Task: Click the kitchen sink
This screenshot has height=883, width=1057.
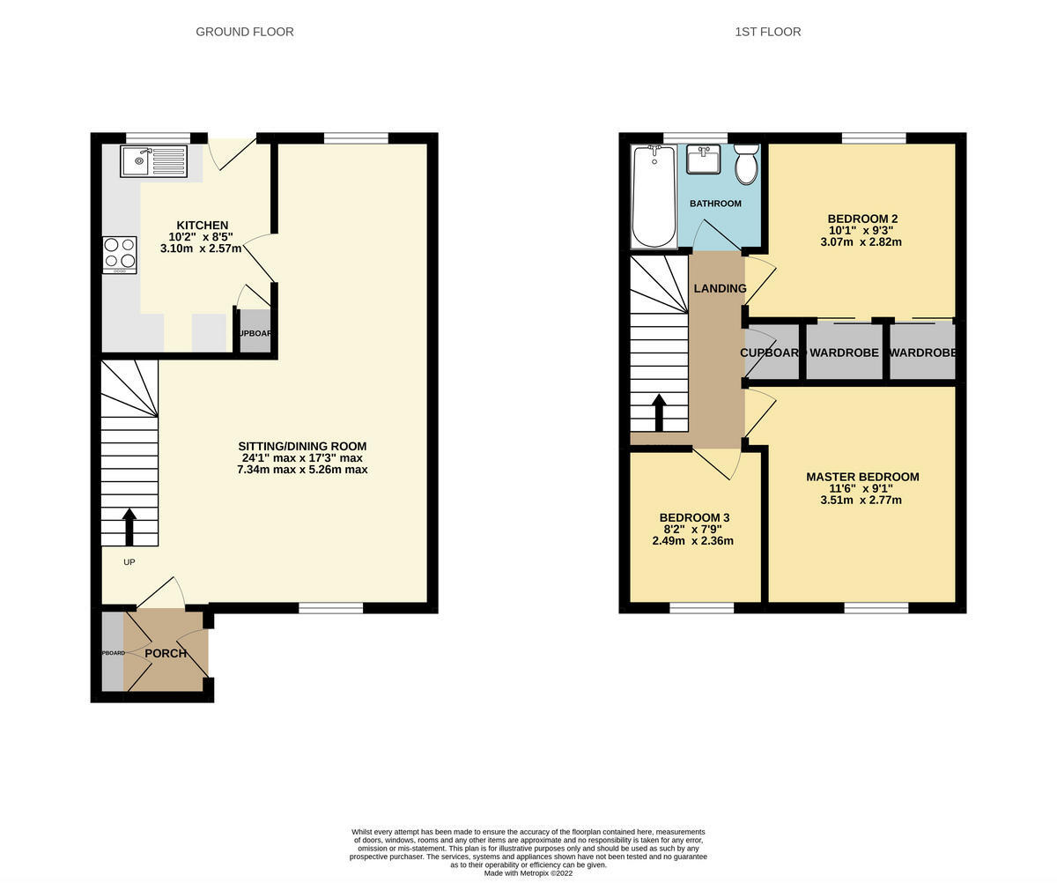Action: tap(154, 161)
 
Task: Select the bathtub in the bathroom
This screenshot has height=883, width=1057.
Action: tap(654, 197)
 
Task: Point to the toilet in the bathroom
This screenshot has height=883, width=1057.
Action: tap(746, 165)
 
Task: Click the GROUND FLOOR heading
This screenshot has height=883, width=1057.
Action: tap(245, 32)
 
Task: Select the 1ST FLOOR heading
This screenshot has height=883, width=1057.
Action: tap(767, 32)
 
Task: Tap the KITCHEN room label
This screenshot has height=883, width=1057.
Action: tap(202, 226)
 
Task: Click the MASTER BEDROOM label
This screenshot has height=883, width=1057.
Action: tap(862, 477)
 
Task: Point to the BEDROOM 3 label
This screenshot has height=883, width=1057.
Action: tap(694, 517)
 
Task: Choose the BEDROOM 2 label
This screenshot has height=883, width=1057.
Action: tap(862, 219)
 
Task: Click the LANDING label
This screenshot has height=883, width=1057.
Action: tap(720, 288)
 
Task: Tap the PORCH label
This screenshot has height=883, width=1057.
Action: tap(166, 653)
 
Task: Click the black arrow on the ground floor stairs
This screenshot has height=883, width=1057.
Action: tap(129, 526)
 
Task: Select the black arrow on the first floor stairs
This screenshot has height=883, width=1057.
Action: tap(659, 412)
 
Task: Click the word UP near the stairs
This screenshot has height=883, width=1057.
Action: tap(129, 562)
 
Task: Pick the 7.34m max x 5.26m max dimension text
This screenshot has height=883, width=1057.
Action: tap(302, 470)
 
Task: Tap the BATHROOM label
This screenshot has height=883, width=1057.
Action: tap(715, 204)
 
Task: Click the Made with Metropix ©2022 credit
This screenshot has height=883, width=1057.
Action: tap(528, 873)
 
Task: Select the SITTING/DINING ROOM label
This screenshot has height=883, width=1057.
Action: tap(302, 446)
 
